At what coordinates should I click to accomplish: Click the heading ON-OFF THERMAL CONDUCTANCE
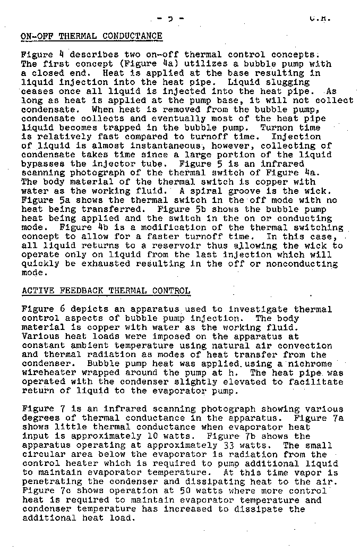click(91, 36)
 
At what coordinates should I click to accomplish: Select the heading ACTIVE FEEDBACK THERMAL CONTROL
click(105, 291)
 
